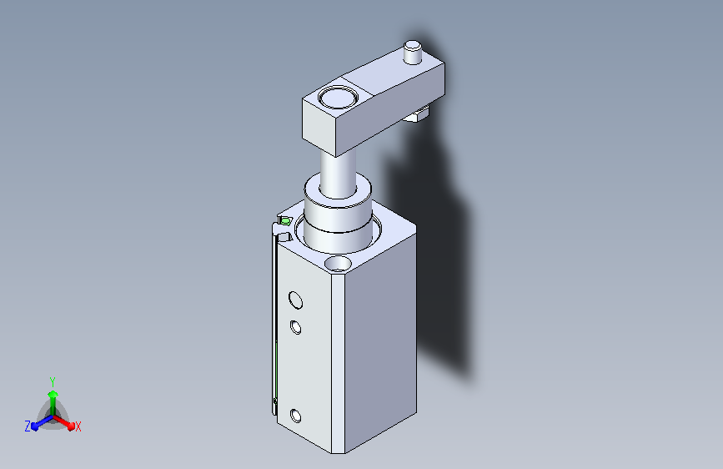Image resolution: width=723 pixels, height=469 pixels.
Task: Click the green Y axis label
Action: [52, 380]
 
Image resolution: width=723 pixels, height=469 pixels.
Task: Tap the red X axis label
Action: [78, 426]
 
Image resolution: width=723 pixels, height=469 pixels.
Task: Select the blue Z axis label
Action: [28, 426]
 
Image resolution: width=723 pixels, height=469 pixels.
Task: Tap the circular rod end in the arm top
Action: [337, 98]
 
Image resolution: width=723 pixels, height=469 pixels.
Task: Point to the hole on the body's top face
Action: [339, 264]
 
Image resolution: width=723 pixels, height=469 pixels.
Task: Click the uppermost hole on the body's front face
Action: [294, 300]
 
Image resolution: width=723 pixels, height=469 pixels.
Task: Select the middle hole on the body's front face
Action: [295, 326]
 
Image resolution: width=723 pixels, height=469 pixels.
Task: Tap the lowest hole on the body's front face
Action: [295, 415]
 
